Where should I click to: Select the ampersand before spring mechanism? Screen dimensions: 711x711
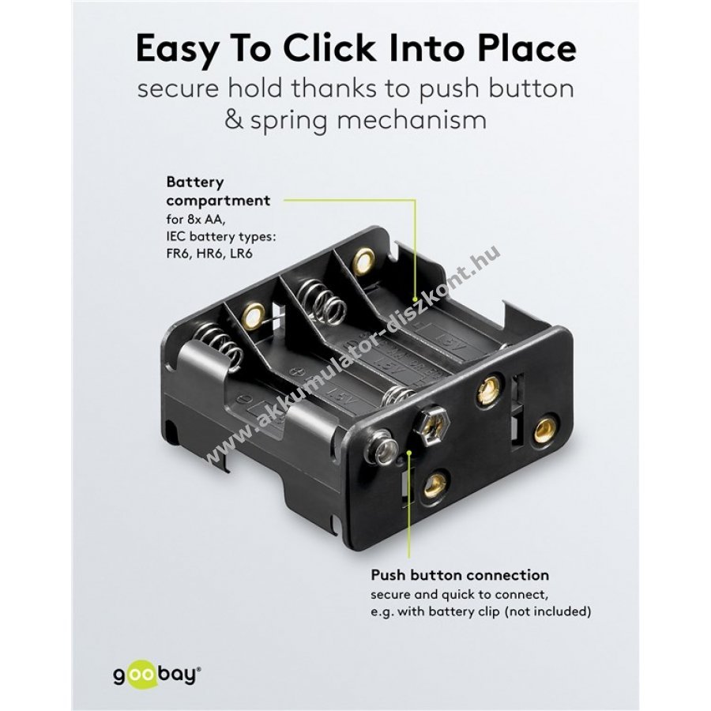[x=234, y=120]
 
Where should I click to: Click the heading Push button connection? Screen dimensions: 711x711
[x=460, y=574]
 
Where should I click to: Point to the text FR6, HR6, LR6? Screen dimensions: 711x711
[x=209, y=253]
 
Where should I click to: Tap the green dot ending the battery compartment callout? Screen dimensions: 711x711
[x=415, y=299]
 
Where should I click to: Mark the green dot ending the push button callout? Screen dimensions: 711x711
[x=409, y=451]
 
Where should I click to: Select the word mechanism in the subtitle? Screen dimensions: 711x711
[x=408, y=120]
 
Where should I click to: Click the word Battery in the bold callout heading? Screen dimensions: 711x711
[x=195, y=182]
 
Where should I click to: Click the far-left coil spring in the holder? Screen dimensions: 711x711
[x=216, y=347]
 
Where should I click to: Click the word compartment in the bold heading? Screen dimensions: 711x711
[x=218, y=201]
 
